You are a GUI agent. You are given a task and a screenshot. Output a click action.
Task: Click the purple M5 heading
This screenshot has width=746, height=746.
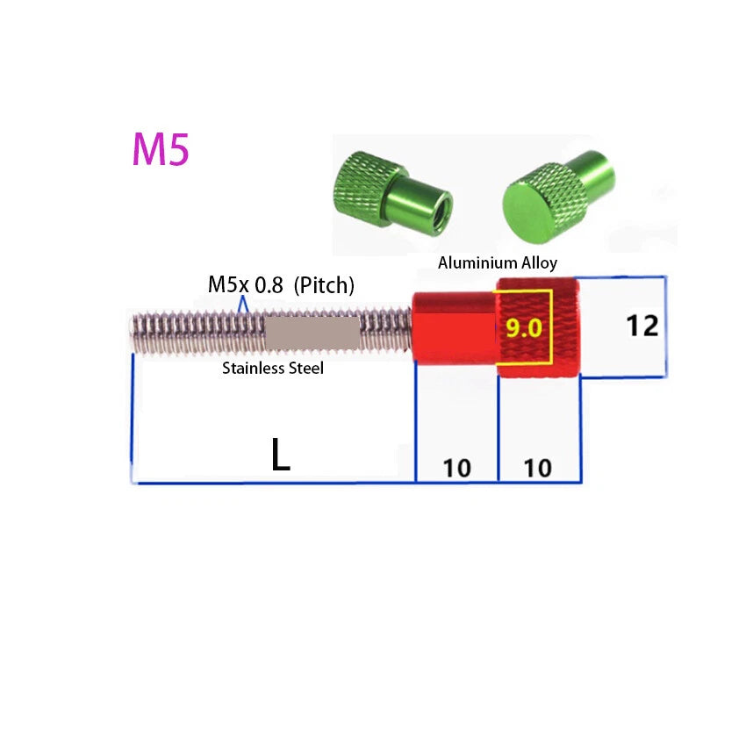click(x=161, y=149)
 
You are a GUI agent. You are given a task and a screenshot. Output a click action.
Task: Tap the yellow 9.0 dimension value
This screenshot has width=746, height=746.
click(x=523, y=328)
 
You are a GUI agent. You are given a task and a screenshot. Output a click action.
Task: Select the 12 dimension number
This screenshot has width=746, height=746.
click(x=642, y=326)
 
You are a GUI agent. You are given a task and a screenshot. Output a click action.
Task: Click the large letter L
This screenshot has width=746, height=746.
click(x=281, y=454)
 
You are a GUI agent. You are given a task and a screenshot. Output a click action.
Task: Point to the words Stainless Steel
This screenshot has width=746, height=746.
click(x=273, y=368)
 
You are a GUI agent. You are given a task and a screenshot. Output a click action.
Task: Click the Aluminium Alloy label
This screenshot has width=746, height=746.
click(x=497, y=262)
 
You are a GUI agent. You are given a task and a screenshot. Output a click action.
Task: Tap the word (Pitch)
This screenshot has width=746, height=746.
click(x=324, y=285)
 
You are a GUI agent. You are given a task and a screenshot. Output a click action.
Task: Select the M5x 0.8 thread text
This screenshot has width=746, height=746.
click(x=246, y=284)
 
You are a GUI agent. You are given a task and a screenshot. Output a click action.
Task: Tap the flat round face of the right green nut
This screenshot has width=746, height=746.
click(x=526, y=212)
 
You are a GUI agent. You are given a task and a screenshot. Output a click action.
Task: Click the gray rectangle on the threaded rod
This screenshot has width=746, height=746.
click(x=312, y=333)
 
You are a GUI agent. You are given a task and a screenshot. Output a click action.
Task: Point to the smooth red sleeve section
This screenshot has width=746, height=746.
click(x=455, y=328)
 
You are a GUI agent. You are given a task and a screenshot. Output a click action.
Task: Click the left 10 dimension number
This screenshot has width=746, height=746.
click(x=457, y=468)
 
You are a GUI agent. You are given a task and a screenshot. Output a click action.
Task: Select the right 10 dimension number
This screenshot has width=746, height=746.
click(x=538, y=468)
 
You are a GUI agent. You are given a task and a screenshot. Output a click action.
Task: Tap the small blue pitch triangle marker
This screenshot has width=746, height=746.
click(x=243, y=305)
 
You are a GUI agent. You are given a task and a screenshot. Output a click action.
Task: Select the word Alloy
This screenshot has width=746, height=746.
click(x=539, y=263)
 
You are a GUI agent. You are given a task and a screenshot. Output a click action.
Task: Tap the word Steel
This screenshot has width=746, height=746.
click(x=305, y=368)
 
